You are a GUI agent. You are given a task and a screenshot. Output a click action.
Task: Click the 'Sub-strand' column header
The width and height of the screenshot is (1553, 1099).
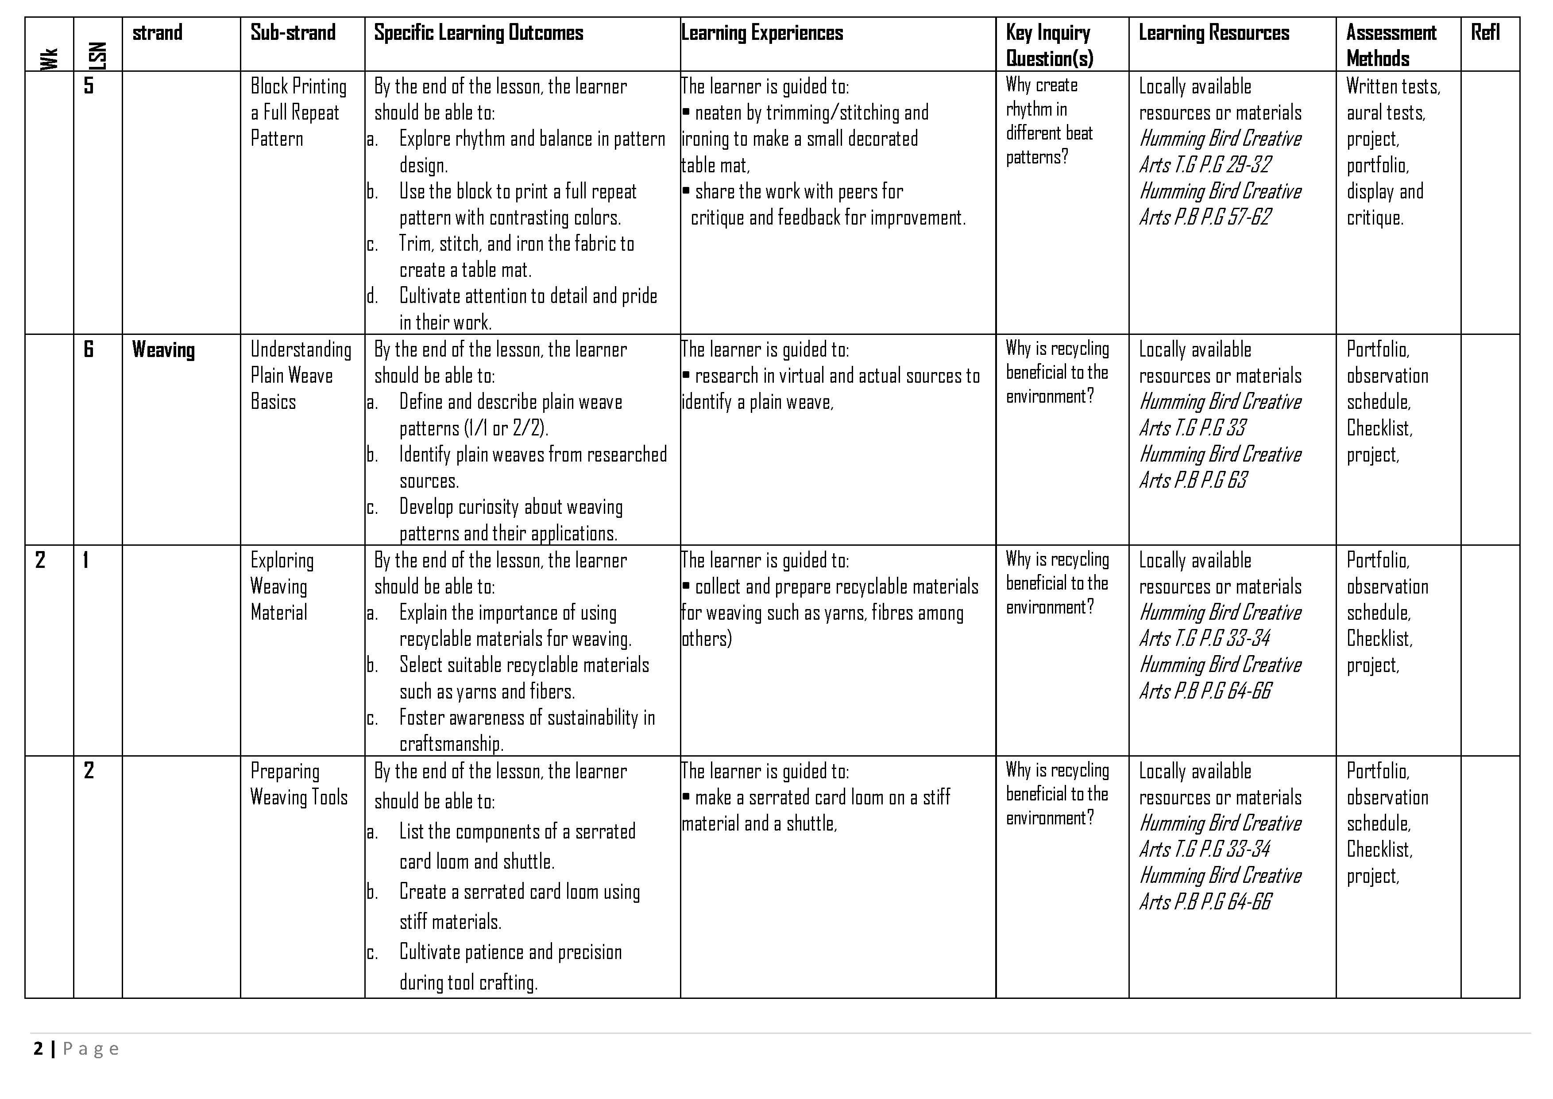pyautogui.click(x=293, y=32)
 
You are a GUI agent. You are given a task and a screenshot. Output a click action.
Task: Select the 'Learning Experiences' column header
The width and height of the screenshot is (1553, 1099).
pyautogui.click(x=762, y=32)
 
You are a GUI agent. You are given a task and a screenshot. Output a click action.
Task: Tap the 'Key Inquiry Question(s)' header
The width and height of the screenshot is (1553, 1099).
pyautogui.click(x=1048, y=45)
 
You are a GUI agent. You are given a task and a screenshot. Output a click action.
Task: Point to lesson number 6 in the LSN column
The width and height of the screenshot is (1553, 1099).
pyautogui.click(x=89, y=349)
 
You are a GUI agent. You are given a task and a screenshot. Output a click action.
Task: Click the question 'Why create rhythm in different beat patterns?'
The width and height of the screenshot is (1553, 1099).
pyautogui.click(x=1049, y=121)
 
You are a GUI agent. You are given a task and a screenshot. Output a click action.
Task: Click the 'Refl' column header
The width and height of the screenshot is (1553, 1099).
pyautogui.click(x=1485, y=32)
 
